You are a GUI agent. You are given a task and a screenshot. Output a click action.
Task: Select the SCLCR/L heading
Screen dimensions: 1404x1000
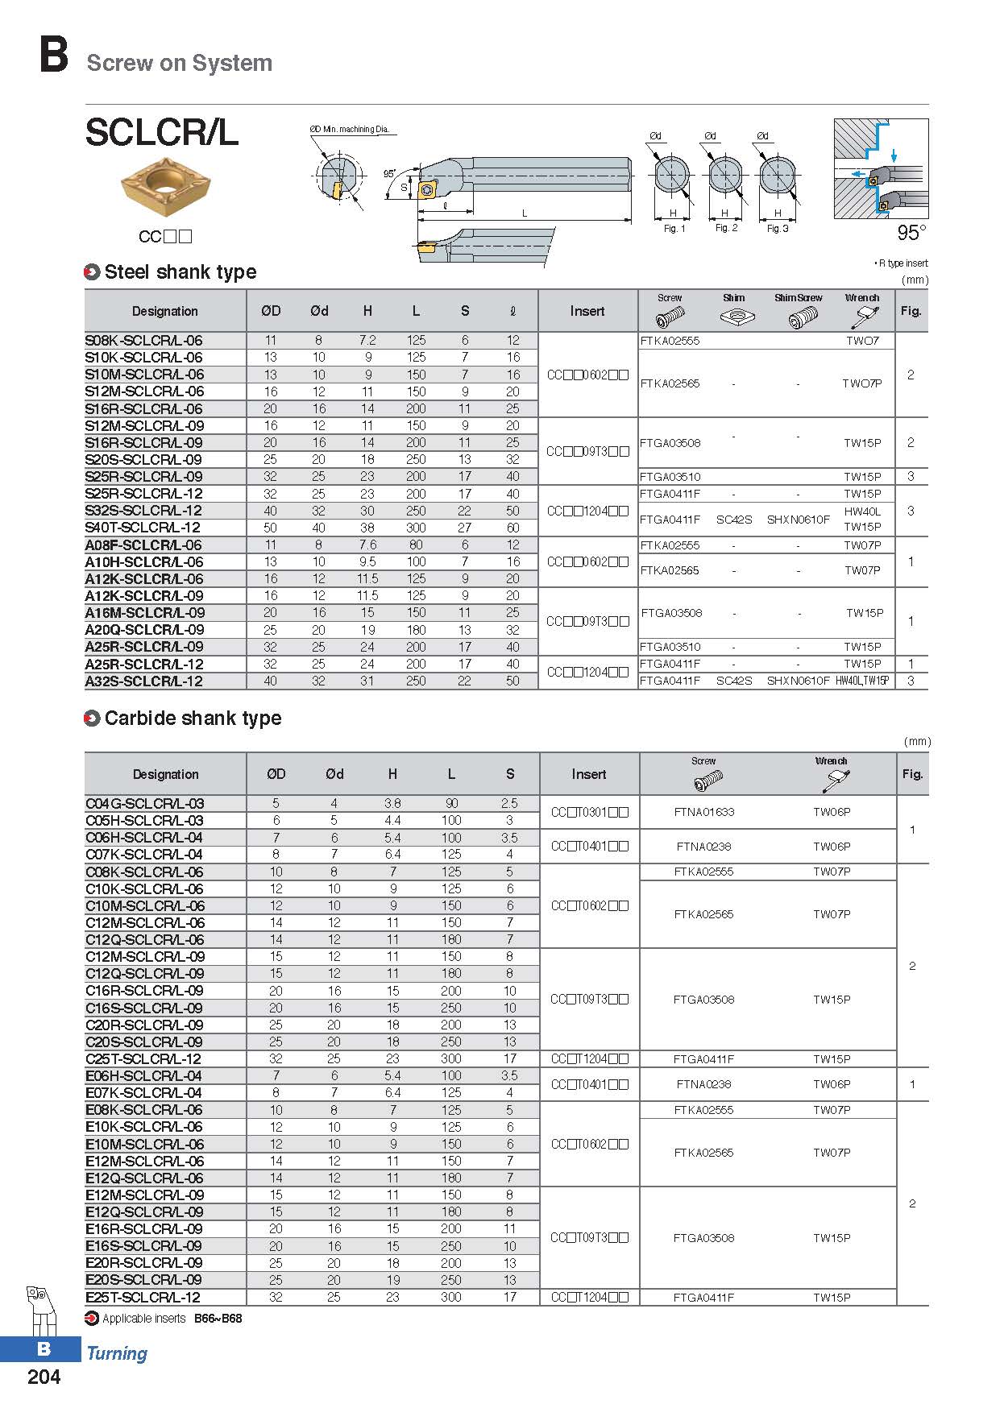point(161,133)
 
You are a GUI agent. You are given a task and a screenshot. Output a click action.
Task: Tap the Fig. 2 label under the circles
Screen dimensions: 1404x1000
point(726,228)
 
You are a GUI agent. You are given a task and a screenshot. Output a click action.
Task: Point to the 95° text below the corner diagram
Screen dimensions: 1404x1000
point(911,233)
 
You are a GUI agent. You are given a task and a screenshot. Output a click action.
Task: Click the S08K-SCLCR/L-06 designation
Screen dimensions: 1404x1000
point(143,341)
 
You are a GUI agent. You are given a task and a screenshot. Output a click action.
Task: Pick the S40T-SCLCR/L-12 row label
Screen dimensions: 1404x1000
point(143,528)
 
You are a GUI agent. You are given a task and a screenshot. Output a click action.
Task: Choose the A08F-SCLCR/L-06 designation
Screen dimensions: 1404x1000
point(143,545)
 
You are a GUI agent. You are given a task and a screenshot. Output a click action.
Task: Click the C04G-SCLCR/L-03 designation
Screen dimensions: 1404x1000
point(144,804)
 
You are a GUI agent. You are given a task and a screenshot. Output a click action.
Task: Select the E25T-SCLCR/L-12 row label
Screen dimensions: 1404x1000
point(143,1298)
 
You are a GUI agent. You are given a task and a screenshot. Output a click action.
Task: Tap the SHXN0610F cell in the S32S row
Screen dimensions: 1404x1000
point(798,520)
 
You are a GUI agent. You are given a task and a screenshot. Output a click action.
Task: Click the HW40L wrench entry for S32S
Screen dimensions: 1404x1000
point(862,511)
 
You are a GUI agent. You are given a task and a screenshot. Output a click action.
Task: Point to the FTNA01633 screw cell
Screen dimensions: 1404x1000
point(703,812)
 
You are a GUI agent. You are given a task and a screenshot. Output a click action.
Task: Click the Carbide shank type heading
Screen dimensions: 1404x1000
point(193,719)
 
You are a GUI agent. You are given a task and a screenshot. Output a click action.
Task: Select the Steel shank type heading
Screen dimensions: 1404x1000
point(180,272)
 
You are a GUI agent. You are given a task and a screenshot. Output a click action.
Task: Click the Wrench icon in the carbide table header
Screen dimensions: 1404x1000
point(834,780)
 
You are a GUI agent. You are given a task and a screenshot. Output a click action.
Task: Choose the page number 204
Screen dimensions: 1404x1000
point(44,1377)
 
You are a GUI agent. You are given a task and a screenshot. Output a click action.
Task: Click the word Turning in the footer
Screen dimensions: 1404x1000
point(117,1354)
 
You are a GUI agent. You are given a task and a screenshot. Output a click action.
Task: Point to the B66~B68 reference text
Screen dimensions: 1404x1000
point(218,1319)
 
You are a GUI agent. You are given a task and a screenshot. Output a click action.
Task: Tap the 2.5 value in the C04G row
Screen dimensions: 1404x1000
point(509,804)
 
